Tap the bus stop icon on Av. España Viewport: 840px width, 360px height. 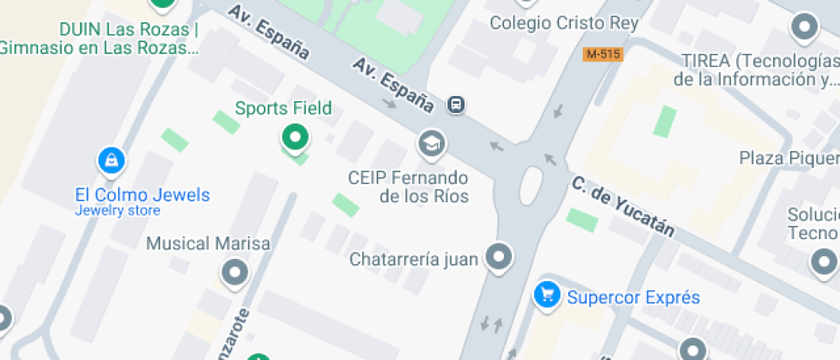click(x=457, y=105)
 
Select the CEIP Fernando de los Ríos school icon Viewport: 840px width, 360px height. click(x=432, y=143)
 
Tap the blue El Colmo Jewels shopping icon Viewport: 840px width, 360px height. click(x=111, y=160)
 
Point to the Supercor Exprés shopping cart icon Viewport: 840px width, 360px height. click(x=546, y=296)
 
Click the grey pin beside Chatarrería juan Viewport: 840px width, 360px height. click(x=498, y=256)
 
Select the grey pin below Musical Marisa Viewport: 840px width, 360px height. click(x=234, y=273)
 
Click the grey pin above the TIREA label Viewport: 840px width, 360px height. click(x=804, y=27)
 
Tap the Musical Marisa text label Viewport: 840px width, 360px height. click(x=208, y=243)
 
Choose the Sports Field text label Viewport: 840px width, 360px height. click(x=283, y=109)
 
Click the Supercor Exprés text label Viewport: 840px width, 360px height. click(x=633, y=298)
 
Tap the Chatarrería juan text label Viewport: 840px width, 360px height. click(x=413, y=259)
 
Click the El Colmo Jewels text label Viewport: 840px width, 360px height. click(x=142, y=195)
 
